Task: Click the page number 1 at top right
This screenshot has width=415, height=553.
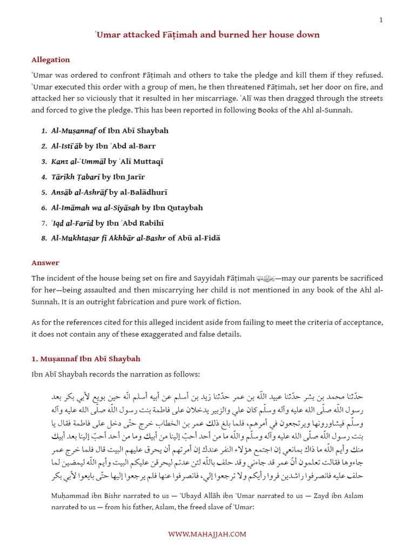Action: point(381,20)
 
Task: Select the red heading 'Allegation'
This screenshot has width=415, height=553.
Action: point(51,60)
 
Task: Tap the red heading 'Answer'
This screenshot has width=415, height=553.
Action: point(45,263)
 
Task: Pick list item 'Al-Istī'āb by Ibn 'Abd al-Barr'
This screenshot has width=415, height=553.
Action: point(103,146)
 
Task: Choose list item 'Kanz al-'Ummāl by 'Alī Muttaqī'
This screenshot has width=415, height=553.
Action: point(107,161)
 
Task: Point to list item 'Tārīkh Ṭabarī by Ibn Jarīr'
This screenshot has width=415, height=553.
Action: point(98,177)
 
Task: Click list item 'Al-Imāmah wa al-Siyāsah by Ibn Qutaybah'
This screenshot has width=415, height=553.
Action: point(127,207)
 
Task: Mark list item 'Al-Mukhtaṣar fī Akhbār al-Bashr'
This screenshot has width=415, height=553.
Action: point(136,238)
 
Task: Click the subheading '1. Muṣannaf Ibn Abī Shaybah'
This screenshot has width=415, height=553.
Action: point(86,359)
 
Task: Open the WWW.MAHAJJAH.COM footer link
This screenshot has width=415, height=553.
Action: point(207,534)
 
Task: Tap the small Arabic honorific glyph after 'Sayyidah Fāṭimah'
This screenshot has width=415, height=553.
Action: point(266,279)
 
